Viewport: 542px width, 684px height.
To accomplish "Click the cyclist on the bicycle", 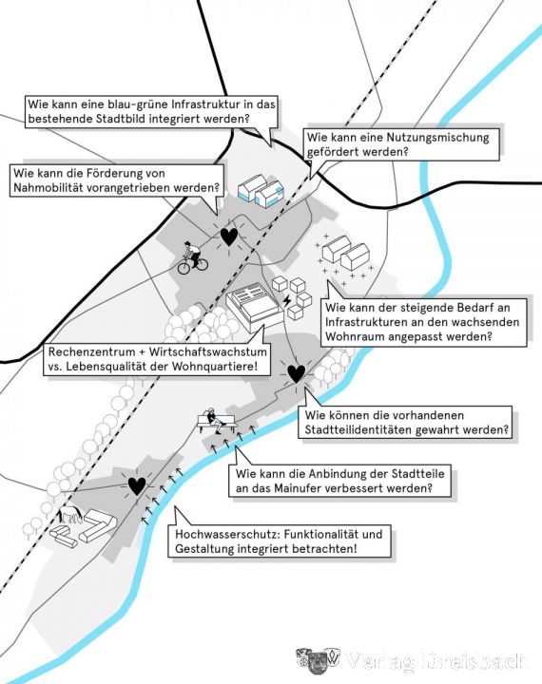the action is (x=192, y=258).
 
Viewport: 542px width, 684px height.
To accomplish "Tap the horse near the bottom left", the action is (x=69, y=514).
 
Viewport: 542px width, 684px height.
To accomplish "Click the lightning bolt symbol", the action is (x=286, y=300).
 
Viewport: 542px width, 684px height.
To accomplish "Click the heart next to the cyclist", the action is (x=229, y=237).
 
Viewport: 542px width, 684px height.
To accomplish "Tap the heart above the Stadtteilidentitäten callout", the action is (x=297, y=374).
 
